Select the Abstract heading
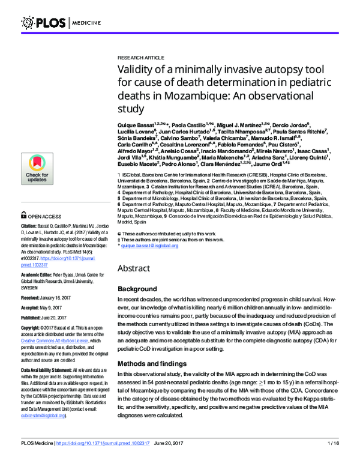click(134, 268)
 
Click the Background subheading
click(137, 289)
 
